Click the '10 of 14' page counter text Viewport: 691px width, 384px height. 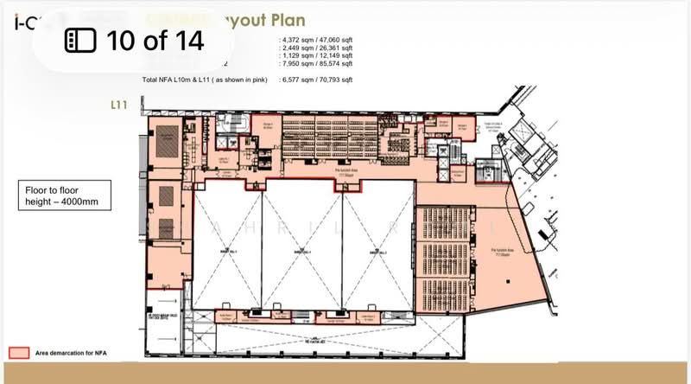pyautogui.click(x=155, y=39)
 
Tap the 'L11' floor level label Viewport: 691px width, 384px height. pyautogui.click(x=119, y=105)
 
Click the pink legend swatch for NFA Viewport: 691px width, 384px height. pyautogui.click(x=20, y=353)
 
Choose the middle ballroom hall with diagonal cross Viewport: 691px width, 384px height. pyautogui.click(x=302, y=250)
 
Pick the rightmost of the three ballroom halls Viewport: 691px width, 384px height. pyautogui.click(x=378, y=250)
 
